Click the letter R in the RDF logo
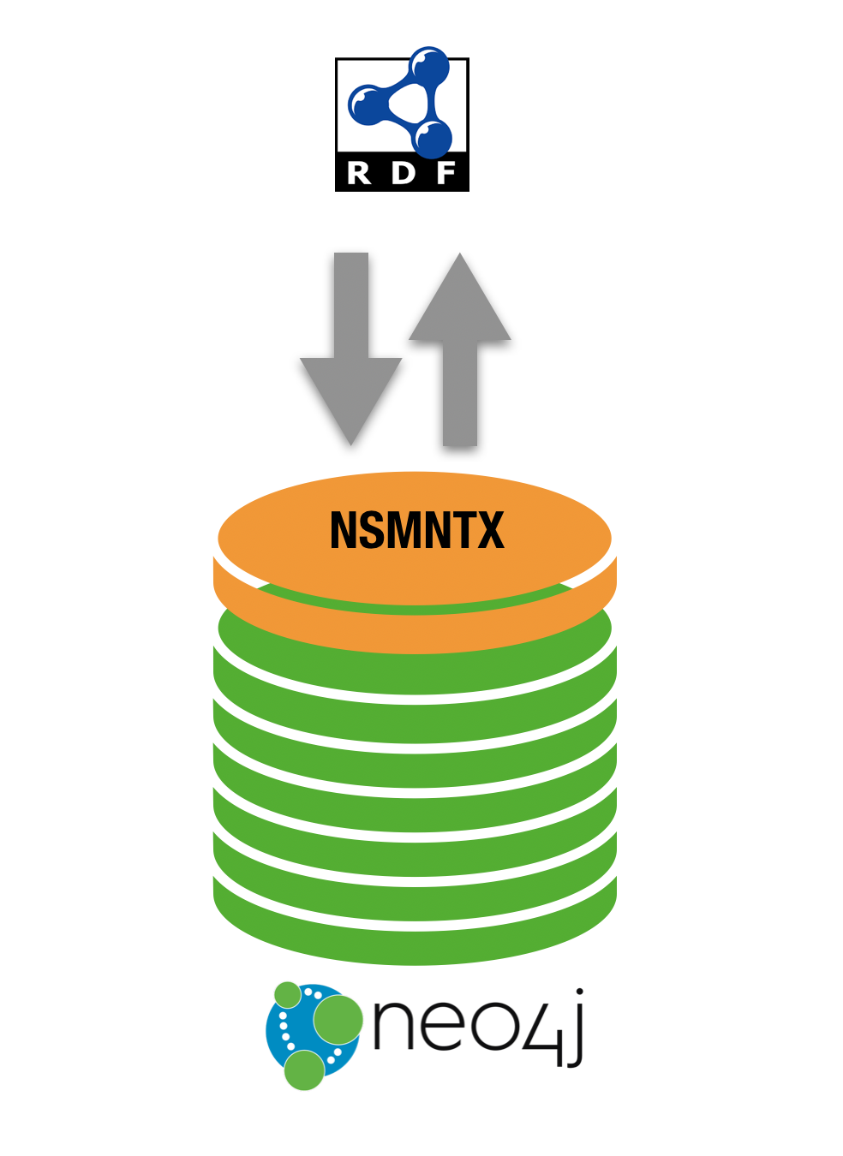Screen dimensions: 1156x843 (360, 173)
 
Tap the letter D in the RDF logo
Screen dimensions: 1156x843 (403, 173)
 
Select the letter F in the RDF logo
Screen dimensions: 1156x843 (445, 173)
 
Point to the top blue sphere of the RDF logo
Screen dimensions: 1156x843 (428, 67)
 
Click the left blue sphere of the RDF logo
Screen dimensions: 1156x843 (367, 104)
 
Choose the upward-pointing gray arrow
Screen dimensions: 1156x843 (460, 343)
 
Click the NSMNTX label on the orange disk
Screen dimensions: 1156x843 (417, 530)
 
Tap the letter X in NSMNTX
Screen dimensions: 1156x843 (490, 530)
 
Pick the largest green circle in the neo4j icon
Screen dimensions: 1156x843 (338, 1020)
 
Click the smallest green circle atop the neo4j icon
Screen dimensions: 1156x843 (288, 995)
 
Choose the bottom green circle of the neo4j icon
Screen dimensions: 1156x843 (304, 1070)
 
